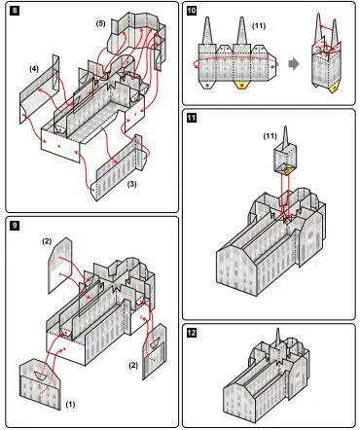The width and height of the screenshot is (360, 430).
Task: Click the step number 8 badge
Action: [x=15, y=11]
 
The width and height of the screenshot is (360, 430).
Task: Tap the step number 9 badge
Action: [x=15, y=226]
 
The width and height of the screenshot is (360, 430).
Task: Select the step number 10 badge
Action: [x=192, y=11]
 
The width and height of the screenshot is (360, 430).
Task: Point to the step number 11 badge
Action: [x=192, y=118]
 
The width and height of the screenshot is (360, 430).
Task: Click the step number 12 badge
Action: [x=192, y=333]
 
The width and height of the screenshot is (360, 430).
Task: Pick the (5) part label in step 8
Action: [x=100, y=23]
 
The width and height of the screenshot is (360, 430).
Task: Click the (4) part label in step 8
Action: [x=34, y=69]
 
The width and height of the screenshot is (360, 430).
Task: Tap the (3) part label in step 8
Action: [x=131, y=184]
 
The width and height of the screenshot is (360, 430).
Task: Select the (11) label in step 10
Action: [x=259, y=26]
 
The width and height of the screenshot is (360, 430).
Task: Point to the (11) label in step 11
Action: [x=270, y=136]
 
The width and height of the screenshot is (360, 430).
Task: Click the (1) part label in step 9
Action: [x=70, y=404]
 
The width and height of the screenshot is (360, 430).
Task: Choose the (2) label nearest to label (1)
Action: [x=133, y=365]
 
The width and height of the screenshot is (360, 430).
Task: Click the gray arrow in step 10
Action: [x=293, y=63]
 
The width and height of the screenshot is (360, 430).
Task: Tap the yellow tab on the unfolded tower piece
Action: [x=241, y=85]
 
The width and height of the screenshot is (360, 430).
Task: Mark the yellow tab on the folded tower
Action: [x=336, y=87]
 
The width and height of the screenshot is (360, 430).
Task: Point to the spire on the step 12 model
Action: [x=277, y=339]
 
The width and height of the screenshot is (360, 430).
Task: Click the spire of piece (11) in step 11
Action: [x=285, y=135]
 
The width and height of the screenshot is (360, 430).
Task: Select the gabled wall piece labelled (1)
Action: [x=40, y=384]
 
